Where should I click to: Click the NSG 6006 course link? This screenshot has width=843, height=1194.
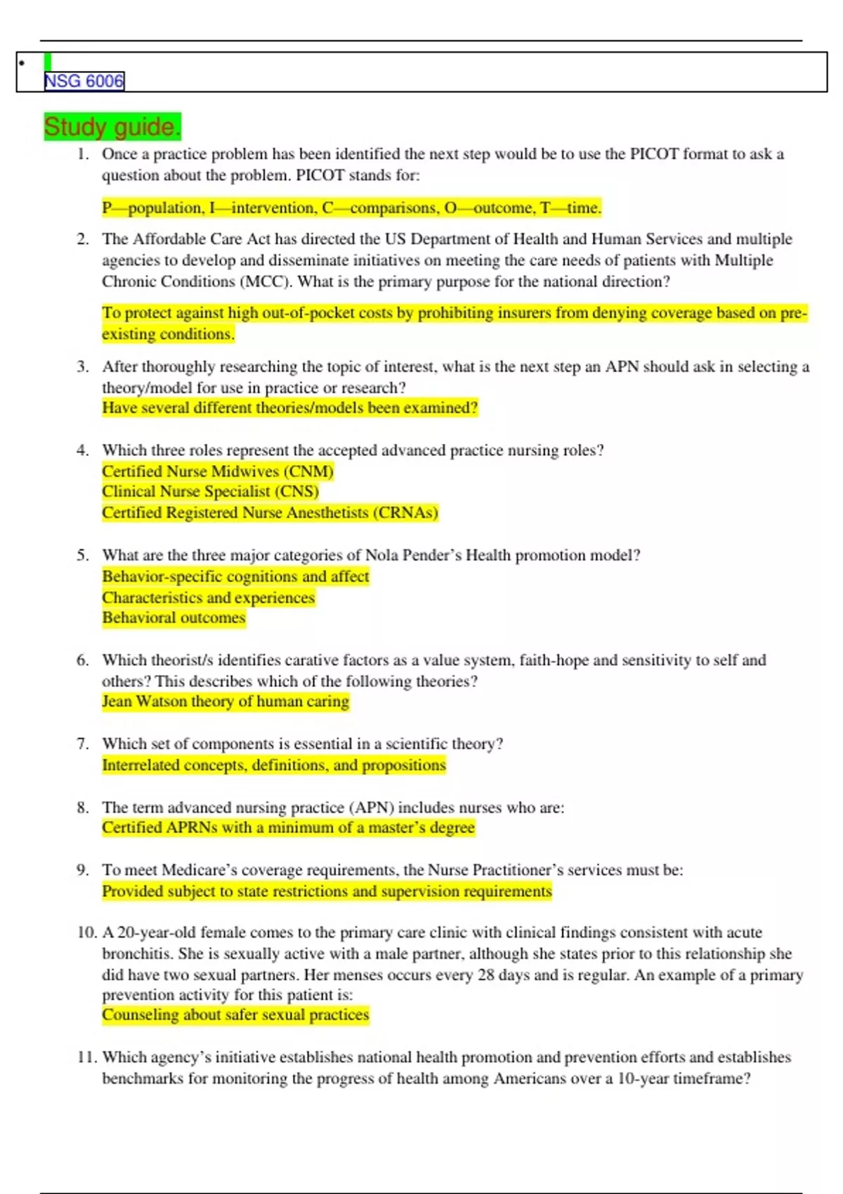coord(84,81)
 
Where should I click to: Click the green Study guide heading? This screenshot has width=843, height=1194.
coord(112,127)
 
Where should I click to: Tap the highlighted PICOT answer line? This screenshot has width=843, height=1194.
coord(351,208)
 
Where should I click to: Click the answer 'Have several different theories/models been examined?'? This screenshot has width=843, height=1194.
coord(289,408)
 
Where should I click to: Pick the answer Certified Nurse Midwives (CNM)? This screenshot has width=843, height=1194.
coord(218,471)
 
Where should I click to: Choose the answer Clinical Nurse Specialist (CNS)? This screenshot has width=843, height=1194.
coord(210,492)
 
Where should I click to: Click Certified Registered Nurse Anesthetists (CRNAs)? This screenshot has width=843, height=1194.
coord(270,513)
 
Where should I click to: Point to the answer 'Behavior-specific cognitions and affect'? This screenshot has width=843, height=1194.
coord(235,577)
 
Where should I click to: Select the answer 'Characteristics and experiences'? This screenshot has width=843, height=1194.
coord(208,598)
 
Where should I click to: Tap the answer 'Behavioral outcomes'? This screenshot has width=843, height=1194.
coord(174,618)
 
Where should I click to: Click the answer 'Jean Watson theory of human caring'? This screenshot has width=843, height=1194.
coord(225,702)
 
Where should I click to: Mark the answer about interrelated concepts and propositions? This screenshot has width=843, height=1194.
coord(274,765)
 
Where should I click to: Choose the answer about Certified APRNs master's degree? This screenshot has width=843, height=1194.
coord(288,828)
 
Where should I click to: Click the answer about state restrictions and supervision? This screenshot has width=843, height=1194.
coord(327,891)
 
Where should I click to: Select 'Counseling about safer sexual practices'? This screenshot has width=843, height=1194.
coord(235,1015)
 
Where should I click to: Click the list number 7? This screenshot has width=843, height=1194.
coord(82,744)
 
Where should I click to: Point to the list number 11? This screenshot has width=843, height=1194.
coord(86,1058)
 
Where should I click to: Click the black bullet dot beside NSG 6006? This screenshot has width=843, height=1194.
coord(22,63)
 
